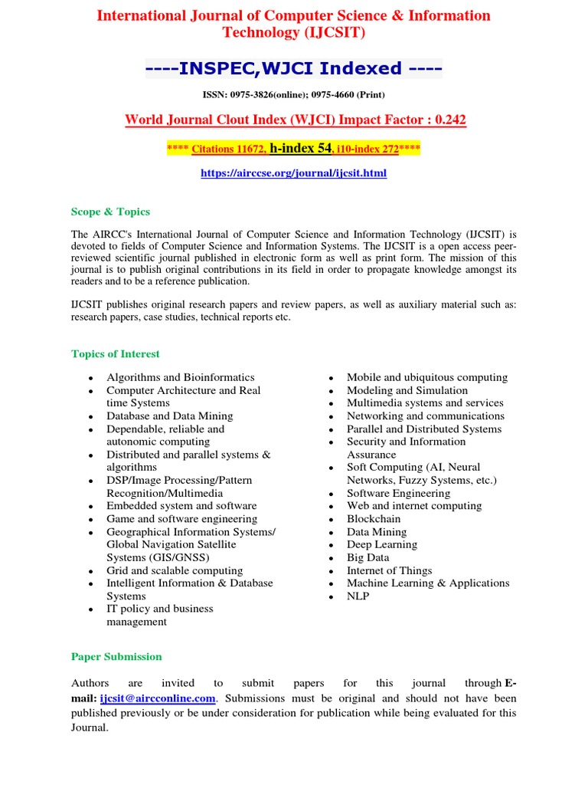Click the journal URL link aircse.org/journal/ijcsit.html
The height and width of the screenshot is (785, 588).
293,173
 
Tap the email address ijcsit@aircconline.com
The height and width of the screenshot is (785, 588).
158,698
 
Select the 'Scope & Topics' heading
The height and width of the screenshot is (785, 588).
110,212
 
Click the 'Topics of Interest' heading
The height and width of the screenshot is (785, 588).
116,353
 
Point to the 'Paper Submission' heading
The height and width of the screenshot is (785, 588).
116,656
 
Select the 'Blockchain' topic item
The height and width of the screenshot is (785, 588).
372,519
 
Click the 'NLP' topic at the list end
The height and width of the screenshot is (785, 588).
358,596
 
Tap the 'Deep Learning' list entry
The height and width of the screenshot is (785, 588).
381,544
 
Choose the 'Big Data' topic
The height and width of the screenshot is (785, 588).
367,557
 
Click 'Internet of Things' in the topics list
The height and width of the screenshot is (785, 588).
389,570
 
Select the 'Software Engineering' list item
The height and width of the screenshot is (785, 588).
398,493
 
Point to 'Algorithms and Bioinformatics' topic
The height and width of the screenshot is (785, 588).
180,377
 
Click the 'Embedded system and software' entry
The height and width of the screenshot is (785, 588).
181,506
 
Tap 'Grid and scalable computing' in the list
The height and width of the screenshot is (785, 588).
174,570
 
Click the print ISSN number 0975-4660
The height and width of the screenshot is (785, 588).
328,94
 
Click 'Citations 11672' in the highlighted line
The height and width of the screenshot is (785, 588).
227,148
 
